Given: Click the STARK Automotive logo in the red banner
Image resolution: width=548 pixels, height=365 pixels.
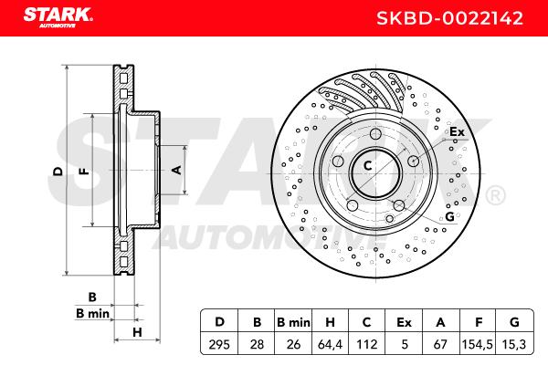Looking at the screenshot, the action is pos(58,17).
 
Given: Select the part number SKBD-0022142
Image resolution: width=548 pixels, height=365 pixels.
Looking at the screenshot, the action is pos(449,18).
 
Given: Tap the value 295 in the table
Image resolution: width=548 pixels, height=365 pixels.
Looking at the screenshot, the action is pos(219,345).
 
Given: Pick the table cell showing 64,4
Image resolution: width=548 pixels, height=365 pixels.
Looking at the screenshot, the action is pos(330,345).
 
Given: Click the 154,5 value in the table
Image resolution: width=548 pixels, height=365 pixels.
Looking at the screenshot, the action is pos(478,345).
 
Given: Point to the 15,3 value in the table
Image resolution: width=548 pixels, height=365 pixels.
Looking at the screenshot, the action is pos(514,345).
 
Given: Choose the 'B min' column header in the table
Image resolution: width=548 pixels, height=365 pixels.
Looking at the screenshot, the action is pos(293,322).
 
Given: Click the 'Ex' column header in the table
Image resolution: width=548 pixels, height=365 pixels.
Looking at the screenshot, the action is pos(404,322).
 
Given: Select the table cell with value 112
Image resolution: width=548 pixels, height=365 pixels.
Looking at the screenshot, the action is pos(366,345).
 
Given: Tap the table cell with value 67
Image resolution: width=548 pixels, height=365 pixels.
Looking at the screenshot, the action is pos(440,345).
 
